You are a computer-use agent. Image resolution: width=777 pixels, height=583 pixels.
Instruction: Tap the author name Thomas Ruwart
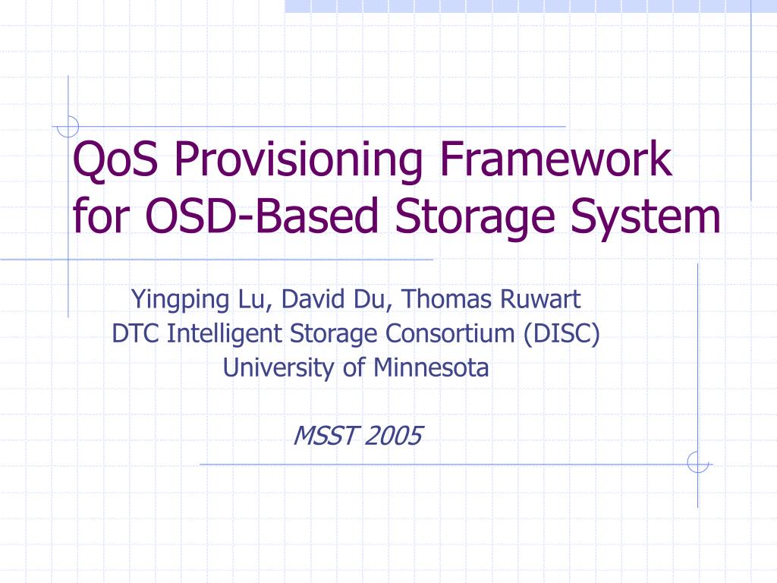tap(492, 300)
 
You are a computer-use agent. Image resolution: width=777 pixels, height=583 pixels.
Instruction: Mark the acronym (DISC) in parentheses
tap(562, 333)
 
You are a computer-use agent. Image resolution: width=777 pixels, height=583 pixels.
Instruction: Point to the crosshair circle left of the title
tap(68, 126)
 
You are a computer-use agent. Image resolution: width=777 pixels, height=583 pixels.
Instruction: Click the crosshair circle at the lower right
tap(697, 462)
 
